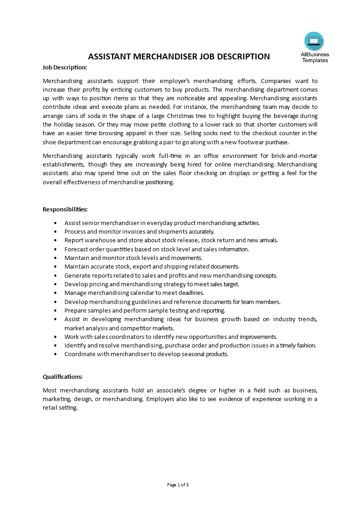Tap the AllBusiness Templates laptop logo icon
pyautogui.click(x=314, y=41)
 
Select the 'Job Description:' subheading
pyautogui.click(x=64, y=67)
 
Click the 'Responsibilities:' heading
pyautogui.click(x=65, y=209)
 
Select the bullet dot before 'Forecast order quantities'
pyautogui.click(x=55, y=250)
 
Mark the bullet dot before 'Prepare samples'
pyautogui.click(x=55, y=311)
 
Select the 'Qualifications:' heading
pyautogui.click(x=63, y=377)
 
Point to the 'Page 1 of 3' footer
pyautogui.click(x=178, y=485)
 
